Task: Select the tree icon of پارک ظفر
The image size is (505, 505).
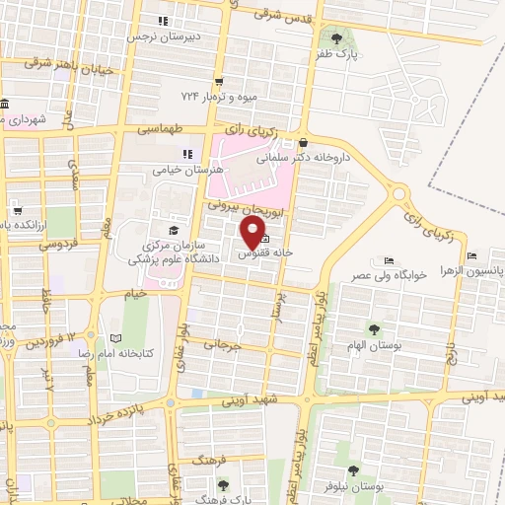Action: pyautogui.click(x=338, y=38)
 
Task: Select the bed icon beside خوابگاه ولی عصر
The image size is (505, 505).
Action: pyautogui.click(x=390, y=261)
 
